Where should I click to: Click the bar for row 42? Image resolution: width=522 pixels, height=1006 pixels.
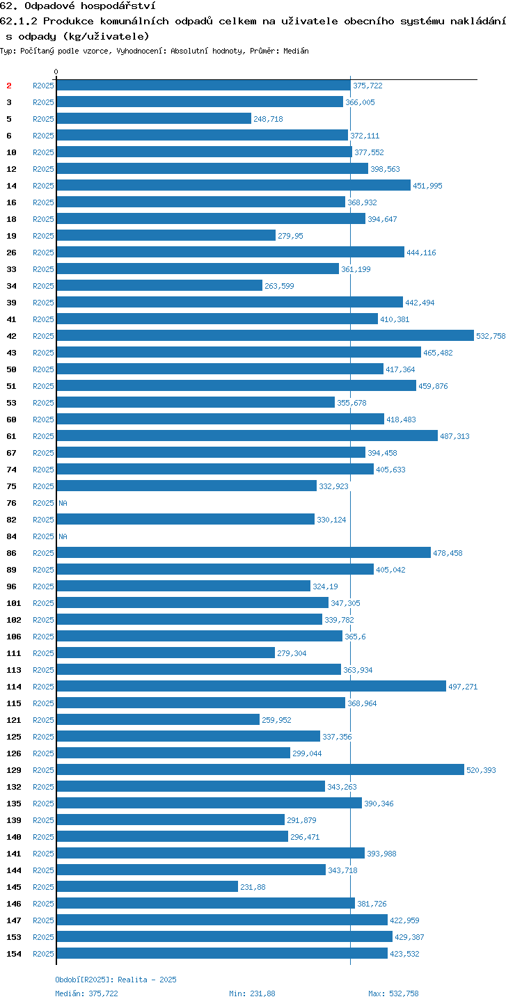pos(265,335)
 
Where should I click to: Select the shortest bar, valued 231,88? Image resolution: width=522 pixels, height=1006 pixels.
pos(148,886)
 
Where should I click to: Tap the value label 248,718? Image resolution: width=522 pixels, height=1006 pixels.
pos(268,119)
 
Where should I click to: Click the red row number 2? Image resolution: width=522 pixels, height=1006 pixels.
pos(9,86)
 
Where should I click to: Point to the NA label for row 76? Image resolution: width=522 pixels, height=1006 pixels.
pos(63,503)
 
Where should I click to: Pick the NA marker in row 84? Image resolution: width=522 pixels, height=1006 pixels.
pos(63,536)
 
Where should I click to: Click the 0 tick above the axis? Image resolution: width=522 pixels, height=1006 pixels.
pos(56,72)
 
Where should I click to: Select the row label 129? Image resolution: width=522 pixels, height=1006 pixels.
pos(14,770)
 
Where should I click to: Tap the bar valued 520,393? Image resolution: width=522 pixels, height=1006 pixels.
pos(260,769)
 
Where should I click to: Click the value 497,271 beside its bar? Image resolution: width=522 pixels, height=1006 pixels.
pos(463,687)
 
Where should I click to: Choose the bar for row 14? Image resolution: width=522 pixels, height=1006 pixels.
pos(234,185)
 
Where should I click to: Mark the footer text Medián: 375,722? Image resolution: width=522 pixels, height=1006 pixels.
pos(87,993)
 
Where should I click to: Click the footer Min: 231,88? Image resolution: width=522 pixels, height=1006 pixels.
pos(252,993)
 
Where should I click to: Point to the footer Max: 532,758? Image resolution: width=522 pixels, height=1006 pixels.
pos(393,993)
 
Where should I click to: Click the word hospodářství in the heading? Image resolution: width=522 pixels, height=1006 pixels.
pos(118,6)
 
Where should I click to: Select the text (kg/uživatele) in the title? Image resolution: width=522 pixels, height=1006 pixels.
pos(106,36)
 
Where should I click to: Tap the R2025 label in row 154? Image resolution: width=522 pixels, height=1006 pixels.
pos(43,954)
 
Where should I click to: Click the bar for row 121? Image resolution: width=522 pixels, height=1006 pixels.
pos(158,719)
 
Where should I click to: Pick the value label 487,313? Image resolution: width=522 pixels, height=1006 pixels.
pos(454,436)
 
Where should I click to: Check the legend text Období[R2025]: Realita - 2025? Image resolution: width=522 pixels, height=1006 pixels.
pos(116,980)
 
